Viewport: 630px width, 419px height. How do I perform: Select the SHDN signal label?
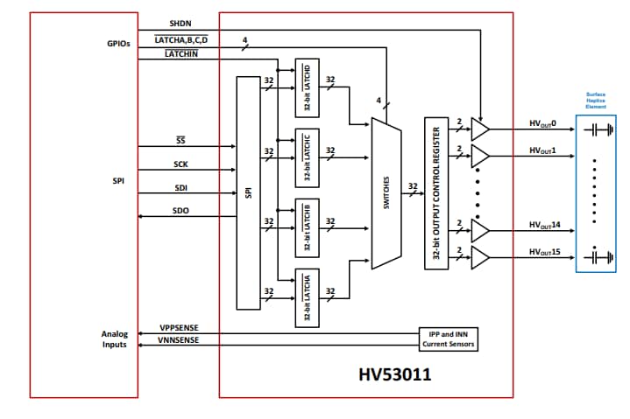[180, 23]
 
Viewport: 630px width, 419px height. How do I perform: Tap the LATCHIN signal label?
[181, 54]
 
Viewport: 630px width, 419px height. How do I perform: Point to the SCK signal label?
[181, 164]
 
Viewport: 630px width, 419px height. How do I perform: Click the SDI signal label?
[181, 187]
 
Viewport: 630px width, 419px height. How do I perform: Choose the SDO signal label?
[181, 211]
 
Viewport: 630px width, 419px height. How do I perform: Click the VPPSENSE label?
[178, 327]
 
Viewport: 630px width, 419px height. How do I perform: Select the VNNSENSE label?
[178, 340]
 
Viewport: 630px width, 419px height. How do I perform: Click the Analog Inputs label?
[115, 339]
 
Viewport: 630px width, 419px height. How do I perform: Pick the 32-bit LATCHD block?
[308, 87]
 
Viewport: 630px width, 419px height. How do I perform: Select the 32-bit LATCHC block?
[308, 158]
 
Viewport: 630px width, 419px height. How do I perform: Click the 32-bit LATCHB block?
[308, 227]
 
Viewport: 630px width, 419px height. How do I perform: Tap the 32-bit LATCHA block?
[308, 297]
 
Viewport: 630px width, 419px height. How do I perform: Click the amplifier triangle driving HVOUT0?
[480, 129]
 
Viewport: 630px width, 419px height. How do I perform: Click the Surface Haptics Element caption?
[595, 101]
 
